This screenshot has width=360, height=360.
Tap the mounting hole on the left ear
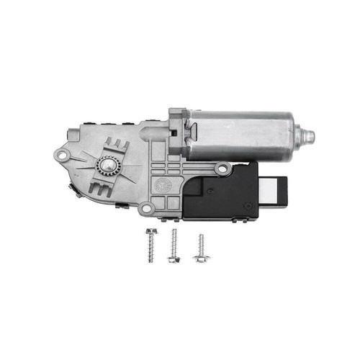coord(62,156)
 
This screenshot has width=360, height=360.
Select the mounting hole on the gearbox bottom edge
coord(147,208)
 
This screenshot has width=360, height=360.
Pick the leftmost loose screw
coord(150,246)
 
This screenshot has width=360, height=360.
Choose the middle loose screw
coord(174,246)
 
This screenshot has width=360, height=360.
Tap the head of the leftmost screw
coord(150,232)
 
